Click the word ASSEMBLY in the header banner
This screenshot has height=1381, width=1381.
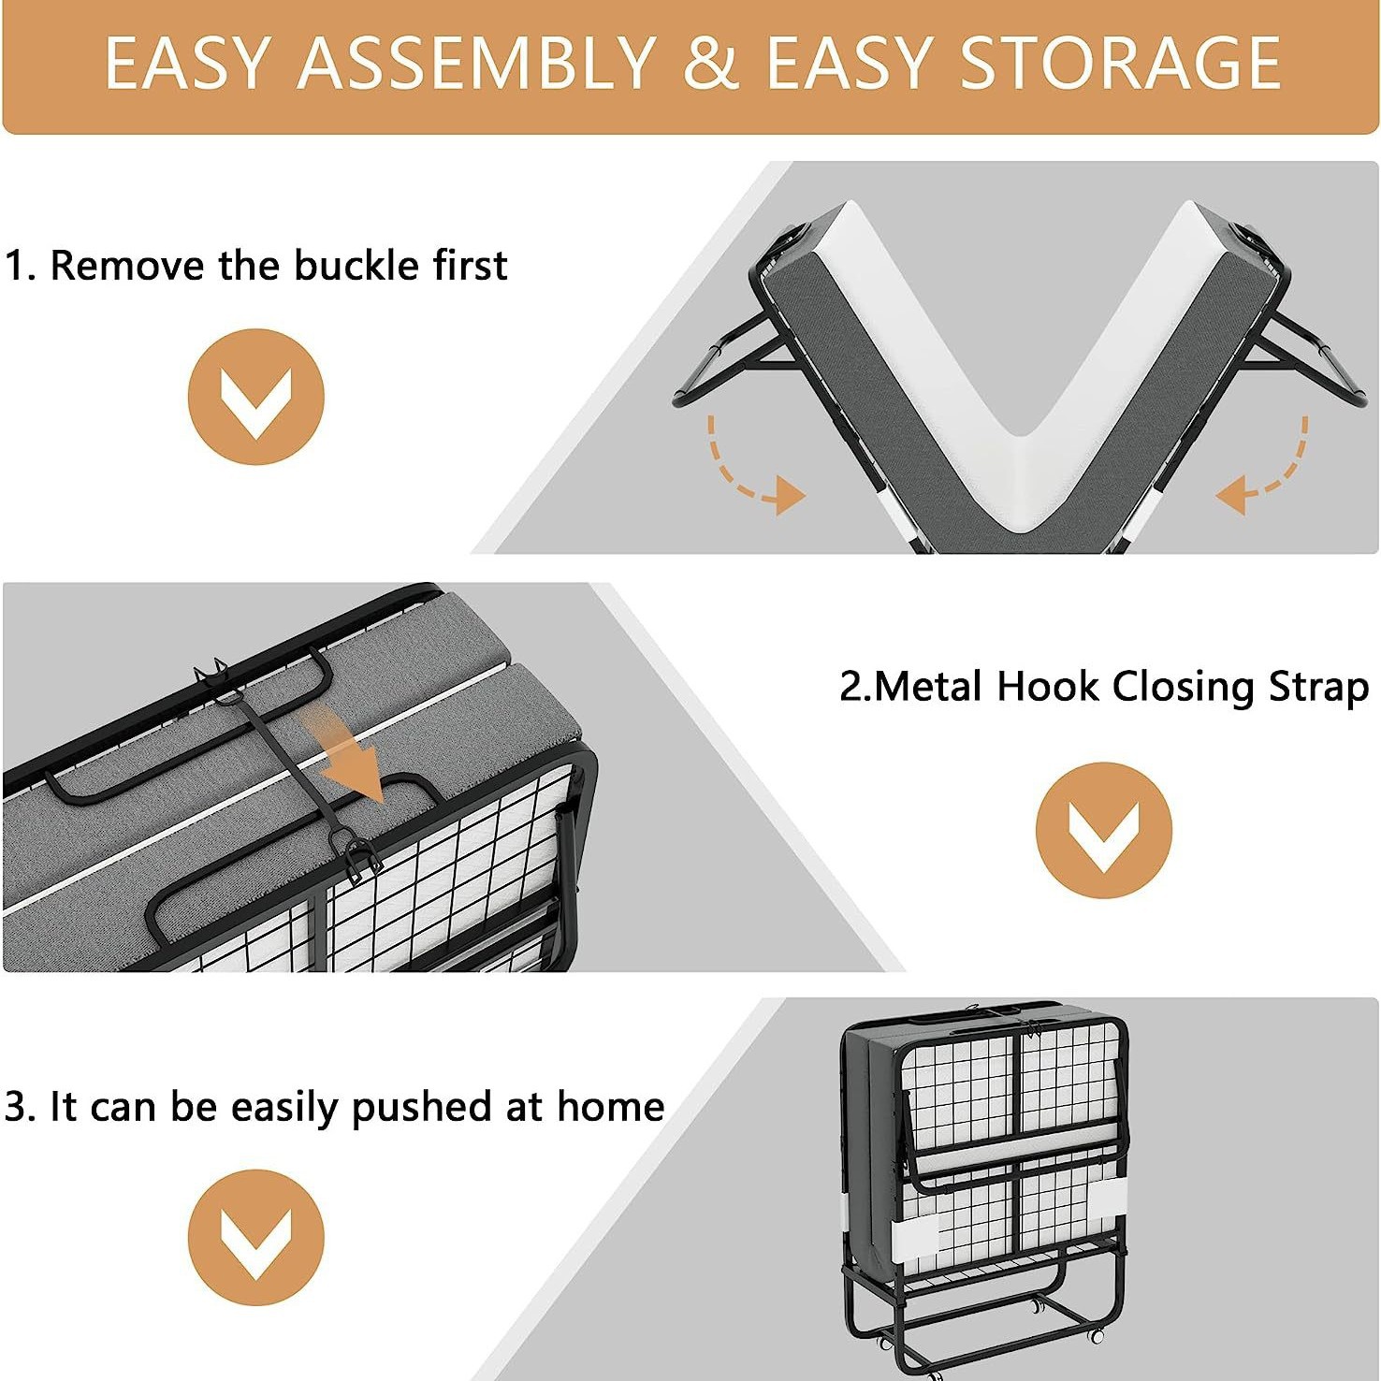[477, 63]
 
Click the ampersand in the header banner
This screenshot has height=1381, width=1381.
[712, 63]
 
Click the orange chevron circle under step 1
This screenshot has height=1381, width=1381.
[255, 397]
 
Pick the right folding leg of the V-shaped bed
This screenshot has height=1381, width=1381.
[1310, 360]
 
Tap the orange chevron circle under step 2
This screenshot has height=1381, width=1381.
[1104, 830]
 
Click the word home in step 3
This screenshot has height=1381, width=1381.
[611, 1106]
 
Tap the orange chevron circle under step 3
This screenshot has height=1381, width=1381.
[255, 1237]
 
